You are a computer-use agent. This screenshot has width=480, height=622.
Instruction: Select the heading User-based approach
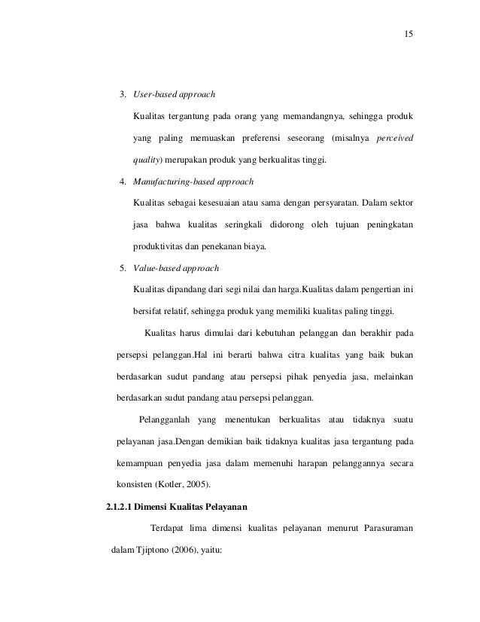(174, 95)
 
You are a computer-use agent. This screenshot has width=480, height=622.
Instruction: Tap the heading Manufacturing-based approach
(193, 181)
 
